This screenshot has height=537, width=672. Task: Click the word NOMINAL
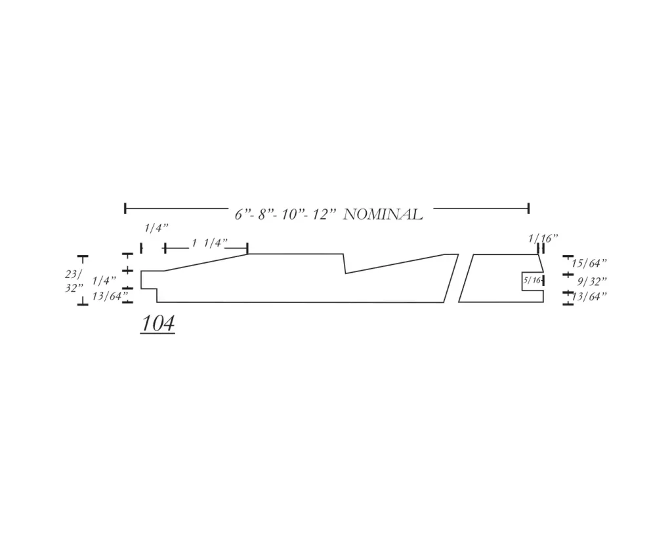point(383,214)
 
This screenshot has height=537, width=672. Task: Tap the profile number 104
point(157,323)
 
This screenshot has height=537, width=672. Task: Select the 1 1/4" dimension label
point(209,243)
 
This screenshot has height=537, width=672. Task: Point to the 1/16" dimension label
point(543,238)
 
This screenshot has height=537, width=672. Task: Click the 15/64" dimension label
point(589,263)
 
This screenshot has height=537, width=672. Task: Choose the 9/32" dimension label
point(592,281)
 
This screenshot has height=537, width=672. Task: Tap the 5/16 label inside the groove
point(532,281)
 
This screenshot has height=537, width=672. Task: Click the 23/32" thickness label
point(73,281)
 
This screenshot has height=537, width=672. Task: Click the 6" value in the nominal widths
point(242,214)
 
